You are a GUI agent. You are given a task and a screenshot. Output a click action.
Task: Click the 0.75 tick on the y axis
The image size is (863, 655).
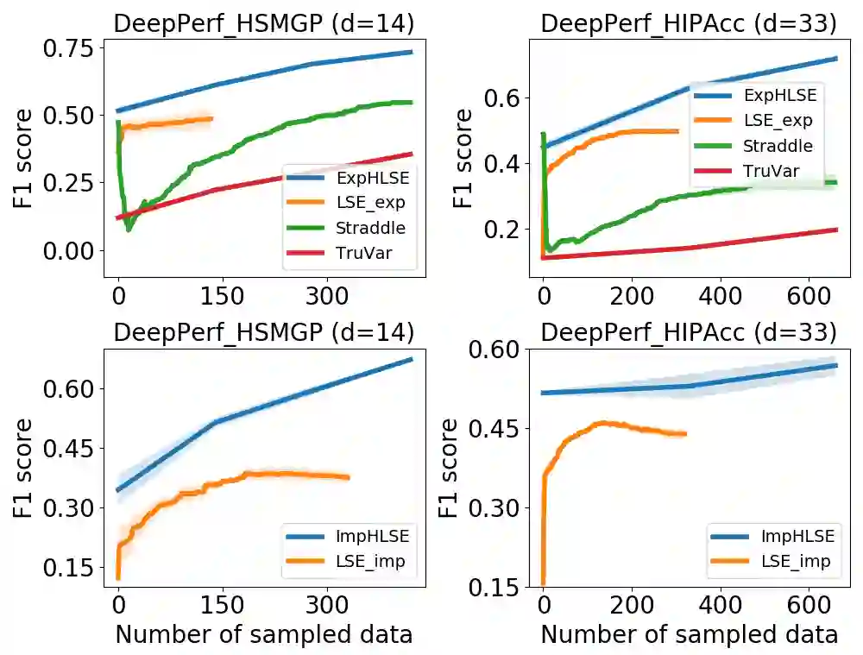73,47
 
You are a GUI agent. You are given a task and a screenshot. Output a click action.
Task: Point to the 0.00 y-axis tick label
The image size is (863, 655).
73,250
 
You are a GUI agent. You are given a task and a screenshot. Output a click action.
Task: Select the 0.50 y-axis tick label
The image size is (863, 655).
73,115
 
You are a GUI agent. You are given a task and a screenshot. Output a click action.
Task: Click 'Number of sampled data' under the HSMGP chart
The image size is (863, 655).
263,634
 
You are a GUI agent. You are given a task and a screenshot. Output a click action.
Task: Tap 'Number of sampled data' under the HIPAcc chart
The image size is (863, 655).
689,634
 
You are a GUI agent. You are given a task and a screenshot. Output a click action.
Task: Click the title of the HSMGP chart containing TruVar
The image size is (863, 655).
263,23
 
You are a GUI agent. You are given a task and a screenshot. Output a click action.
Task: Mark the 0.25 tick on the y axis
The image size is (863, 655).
73,183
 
